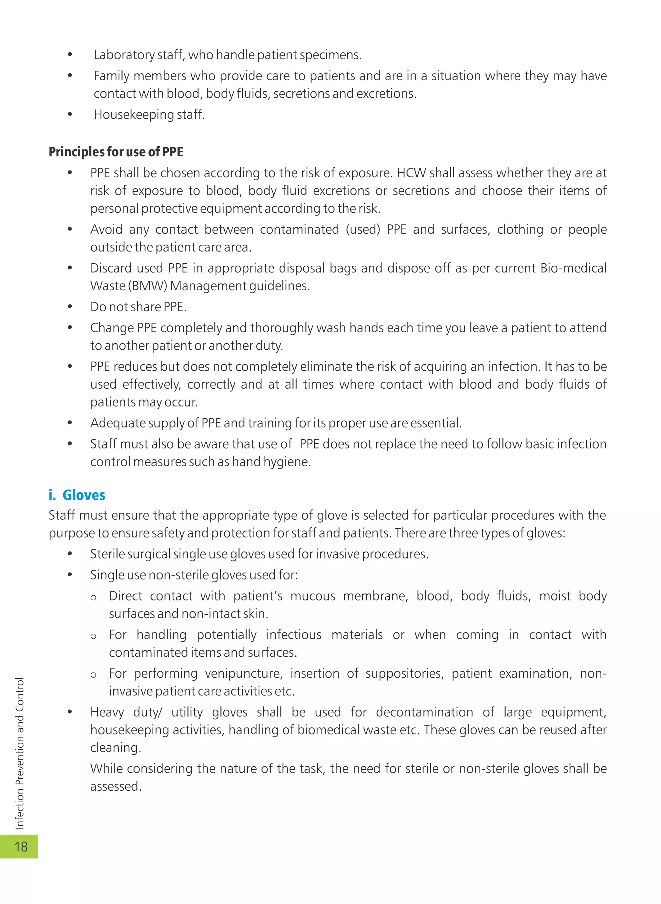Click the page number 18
(20, 847)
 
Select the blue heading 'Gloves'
(84, 495)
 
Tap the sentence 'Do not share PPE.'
(138, 307)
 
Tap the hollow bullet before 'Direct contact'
(93, 598)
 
